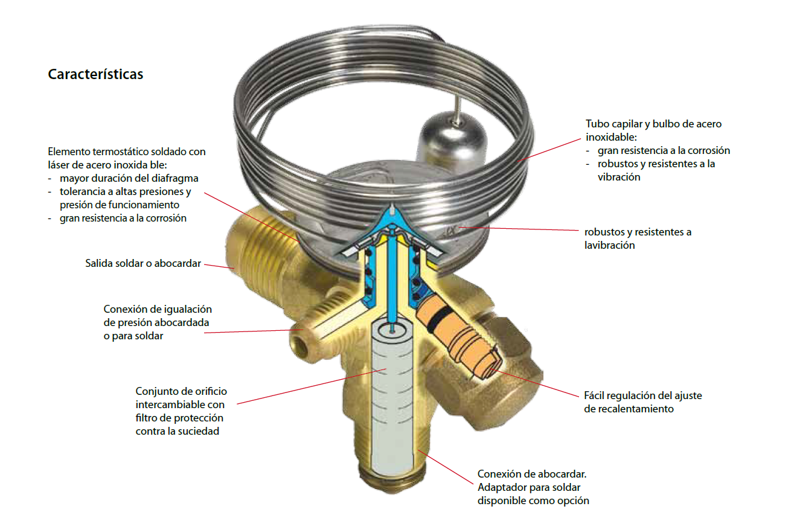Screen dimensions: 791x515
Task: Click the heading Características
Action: (x=95, y=74)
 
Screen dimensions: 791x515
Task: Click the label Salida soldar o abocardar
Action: (x=143, y=263)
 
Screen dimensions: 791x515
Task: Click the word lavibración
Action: (x=609, y=245)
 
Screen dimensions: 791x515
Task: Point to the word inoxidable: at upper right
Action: (x=611, y=137)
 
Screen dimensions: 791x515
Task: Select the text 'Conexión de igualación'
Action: (x=158, y=309)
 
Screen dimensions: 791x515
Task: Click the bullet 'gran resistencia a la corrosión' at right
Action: (x=664, y=150)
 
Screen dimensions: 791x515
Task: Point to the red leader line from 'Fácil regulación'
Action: (x=534, y=383)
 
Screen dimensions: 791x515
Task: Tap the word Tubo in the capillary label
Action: (x=596, y=124)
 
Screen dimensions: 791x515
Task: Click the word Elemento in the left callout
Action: (x=69, y=152)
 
